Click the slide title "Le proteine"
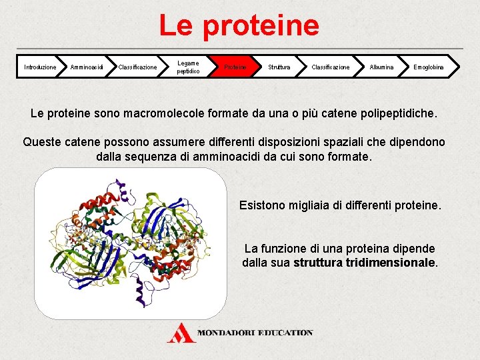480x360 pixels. (x=239, y=25)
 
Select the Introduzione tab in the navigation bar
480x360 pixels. (x=40, y=67)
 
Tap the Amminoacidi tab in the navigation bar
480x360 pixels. (x=87, y=67)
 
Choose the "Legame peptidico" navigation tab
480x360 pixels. (x=187, y=67)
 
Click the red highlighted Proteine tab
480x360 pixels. (x=235, y=67)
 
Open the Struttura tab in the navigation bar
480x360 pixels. (x=279, y=67)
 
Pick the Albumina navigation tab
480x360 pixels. (x=381, y=67)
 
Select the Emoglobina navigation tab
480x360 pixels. (x=428, y=67)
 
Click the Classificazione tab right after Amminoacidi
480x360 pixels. (x=137, y=67)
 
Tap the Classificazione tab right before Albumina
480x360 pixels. (x=331, y=67)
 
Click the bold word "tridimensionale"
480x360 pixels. (x=390, y=263)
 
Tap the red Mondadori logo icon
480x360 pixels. (x=181, y=332)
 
